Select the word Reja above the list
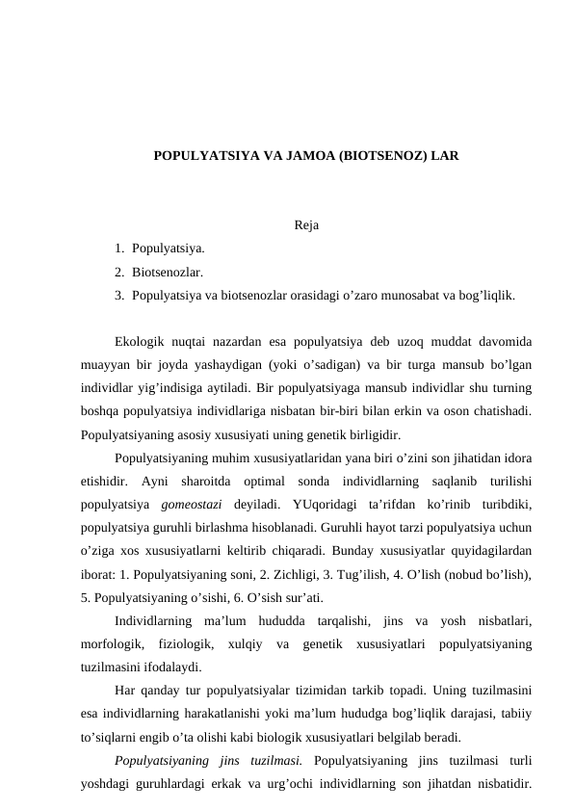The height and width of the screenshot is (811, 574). [306, 227]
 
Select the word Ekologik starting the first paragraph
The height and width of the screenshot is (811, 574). [142, 342]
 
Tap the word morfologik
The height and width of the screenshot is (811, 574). [113, 642]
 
